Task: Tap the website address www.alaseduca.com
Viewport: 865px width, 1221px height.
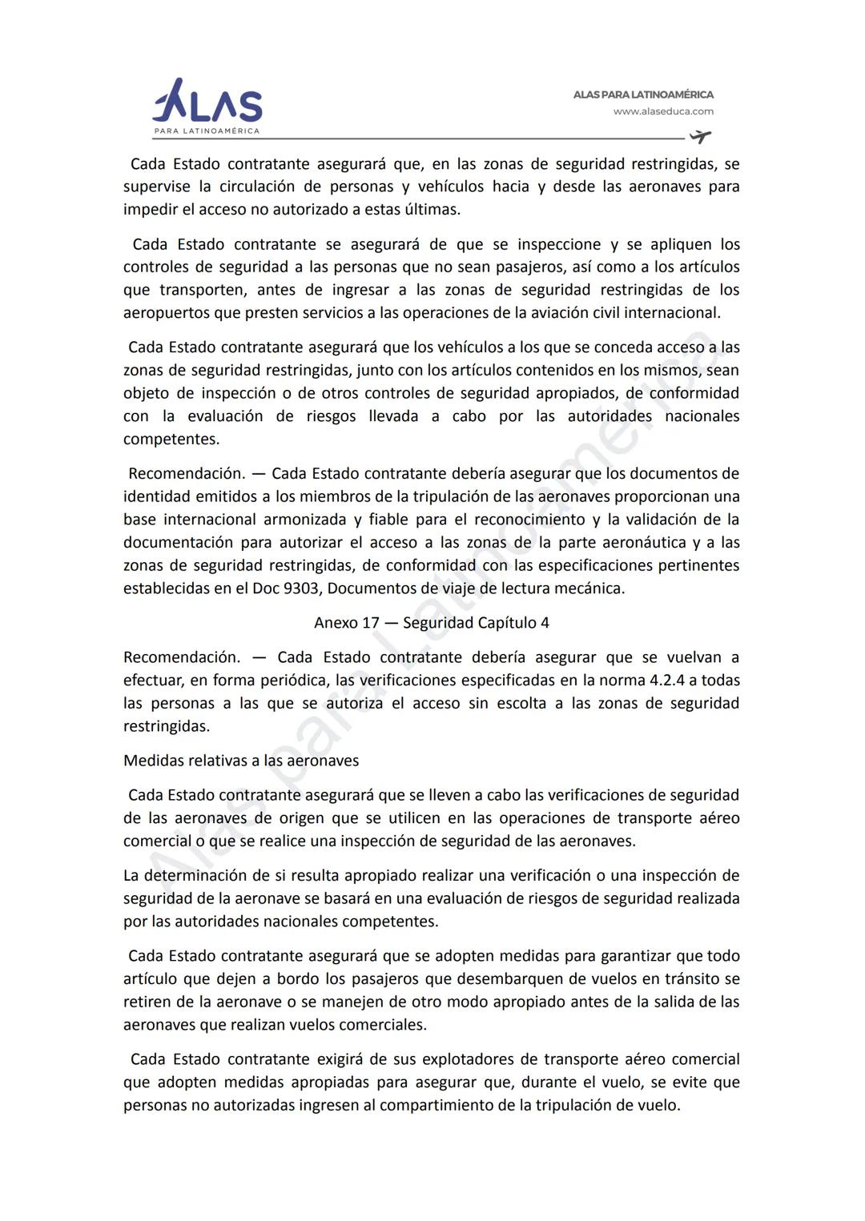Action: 663,112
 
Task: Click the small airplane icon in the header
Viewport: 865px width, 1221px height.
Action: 700,136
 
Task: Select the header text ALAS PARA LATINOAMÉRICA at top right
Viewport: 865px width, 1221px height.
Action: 643,94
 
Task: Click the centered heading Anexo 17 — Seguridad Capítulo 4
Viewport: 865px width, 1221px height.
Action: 432,623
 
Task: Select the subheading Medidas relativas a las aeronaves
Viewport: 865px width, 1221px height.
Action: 241,761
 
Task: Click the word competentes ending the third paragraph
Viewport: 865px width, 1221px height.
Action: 171,440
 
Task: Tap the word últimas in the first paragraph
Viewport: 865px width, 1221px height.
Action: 433,210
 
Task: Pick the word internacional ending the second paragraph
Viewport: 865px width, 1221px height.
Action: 671,313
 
